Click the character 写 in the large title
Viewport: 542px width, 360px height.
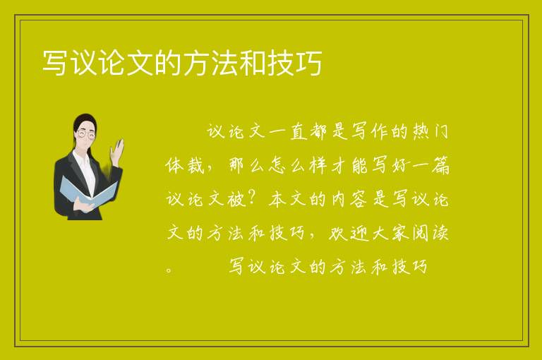[x=55, y=63]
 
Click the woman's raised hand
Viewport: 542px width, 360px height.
[x=117, y=152]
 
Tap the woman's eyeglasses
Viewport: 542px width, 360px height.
[x=85, y=134]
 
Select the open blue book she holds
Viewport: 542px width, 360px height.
[x=88, y=193]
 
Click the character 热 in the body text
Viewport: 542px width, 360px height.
[x=421, y=131]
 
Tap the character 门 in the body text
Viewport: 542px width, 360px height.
[x=441, y=131]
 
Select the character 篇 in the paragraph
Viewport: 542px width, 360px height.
[x=440, y=165]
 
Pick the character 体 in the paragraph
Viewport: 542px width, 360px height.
[x=174, y=165]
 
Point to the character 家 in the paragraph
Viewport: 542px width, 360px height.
[x=400, y=233]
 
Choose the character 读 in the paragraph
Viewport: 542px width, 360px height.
[x=440, y=233]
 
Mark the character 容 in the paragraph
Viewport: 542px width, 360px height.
[x=358, y=199]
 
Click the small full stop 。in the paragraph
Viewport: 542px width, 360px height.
[x=169, y=270]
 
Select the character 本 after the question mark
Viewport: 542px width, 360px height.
[x=277, y=199]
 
